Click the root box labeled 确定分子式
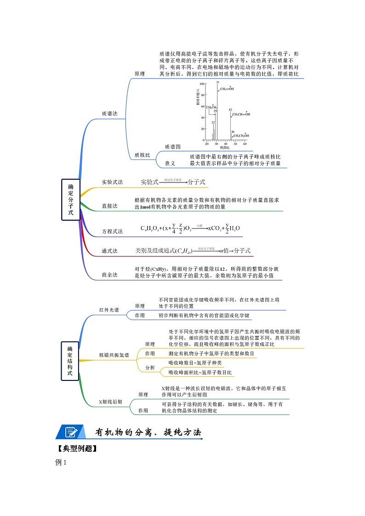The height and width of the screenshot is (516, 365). coord(70,199)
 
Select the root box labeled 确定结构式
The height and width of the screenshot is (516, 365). coord(70,361)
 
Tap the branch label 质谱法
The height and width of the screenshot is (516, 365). coord(110,113)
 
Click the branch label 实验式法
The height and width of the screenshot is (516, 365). coord(112,182)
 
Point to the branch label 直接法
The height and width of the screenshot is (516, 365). coord(109,206)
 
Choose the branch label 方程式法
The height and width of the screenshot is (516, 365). coord(112,231)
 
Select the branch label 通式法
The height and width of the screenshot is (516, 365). coord(109,251)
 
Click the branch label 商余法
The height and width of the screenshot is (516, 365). coord(109,275)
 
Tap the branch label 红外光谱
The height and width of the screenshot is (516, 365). coord(108,310)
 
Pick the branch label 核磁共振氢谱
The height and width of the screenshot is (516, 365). coord(114,355)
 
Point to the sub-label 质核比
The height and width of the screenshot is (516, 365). coord(142,155)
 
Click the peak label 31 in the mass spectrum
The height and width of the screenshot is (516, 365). coord(217,82)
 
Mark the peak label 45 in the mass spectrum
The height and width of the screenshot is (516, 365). coord(230,110)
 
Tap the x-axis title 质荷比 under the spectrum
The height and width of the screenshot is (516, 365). coord(224,148)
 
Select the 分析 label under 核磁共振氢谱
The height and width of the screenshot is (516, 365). coord(150,368)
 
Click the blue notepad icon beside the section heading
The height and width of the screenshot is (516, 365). coord(70,432)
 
